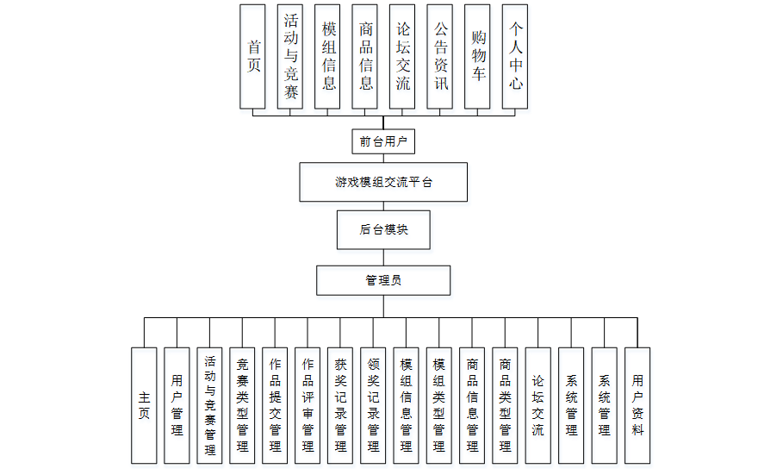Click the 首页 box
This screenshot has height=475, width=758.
coord(252,56)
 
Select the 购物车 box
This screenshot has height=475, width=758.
coord(477,56)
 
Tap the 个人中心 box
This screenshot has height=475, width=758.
coord(515,56)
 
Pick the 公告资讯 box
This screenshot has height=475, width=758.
coord(440,56)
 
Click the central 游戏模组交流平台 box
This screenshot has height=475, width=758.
coord(383,182)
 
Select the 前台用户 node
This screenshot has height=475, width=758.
coord(383,141)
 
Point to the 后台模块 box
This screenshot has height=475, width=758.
coord(383,229)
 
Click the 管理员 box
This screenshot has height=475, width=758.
coord(383,280)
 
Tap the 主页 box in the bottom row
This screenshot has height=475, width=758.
coord(144,405)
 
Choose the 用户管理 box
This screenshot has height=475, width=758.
coord(177,405)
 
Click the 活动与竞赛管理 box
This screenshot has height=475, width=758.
coord(209,405)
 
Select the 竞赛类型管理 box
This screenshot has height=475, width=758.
coord(242,405)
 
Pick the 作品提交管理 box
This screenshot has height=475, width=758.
coord(275,405)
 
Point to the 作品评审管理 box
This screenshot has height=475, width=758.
coord(308,405)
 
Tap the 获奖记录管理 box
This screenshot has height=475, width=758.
coord(340,405)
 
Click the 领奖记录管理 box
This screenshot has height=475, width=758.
coord(373,405)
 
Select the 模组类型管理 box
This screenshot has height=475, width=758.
coord(438,405)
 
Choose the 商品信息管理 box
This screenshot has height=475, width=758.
coord(471,405)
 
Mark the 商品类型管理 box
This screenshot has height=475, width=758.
coord(505,405)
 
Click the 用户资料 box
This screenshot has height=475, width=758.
coord(637,405)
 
